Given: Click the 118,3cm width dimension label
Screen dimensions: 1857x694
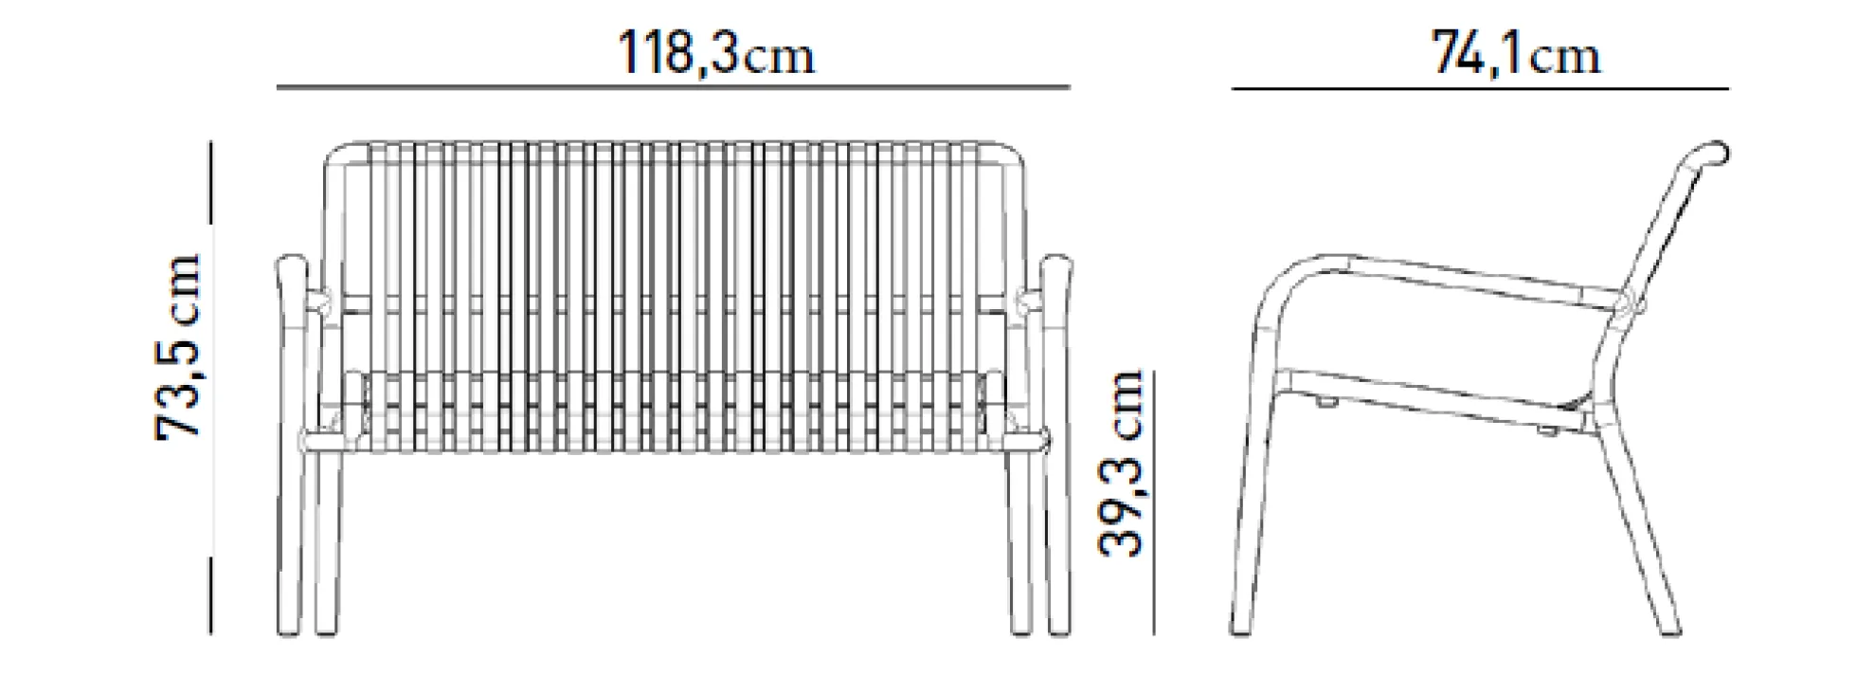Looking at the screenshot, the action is tap(715, 52).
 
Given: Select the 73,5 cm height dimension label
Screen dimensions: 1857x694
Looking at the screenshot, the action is tap(179, 346).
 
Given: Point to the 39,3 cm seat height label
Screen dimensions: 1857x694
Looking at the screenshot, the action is tap(1122, 462).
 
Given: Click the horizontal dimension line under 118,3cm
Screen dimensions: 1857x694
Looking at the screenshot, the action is tap(674, 87).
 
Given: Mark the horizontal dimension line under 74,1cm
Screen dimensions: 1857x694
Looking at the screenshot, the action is tap(1480, 88).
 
